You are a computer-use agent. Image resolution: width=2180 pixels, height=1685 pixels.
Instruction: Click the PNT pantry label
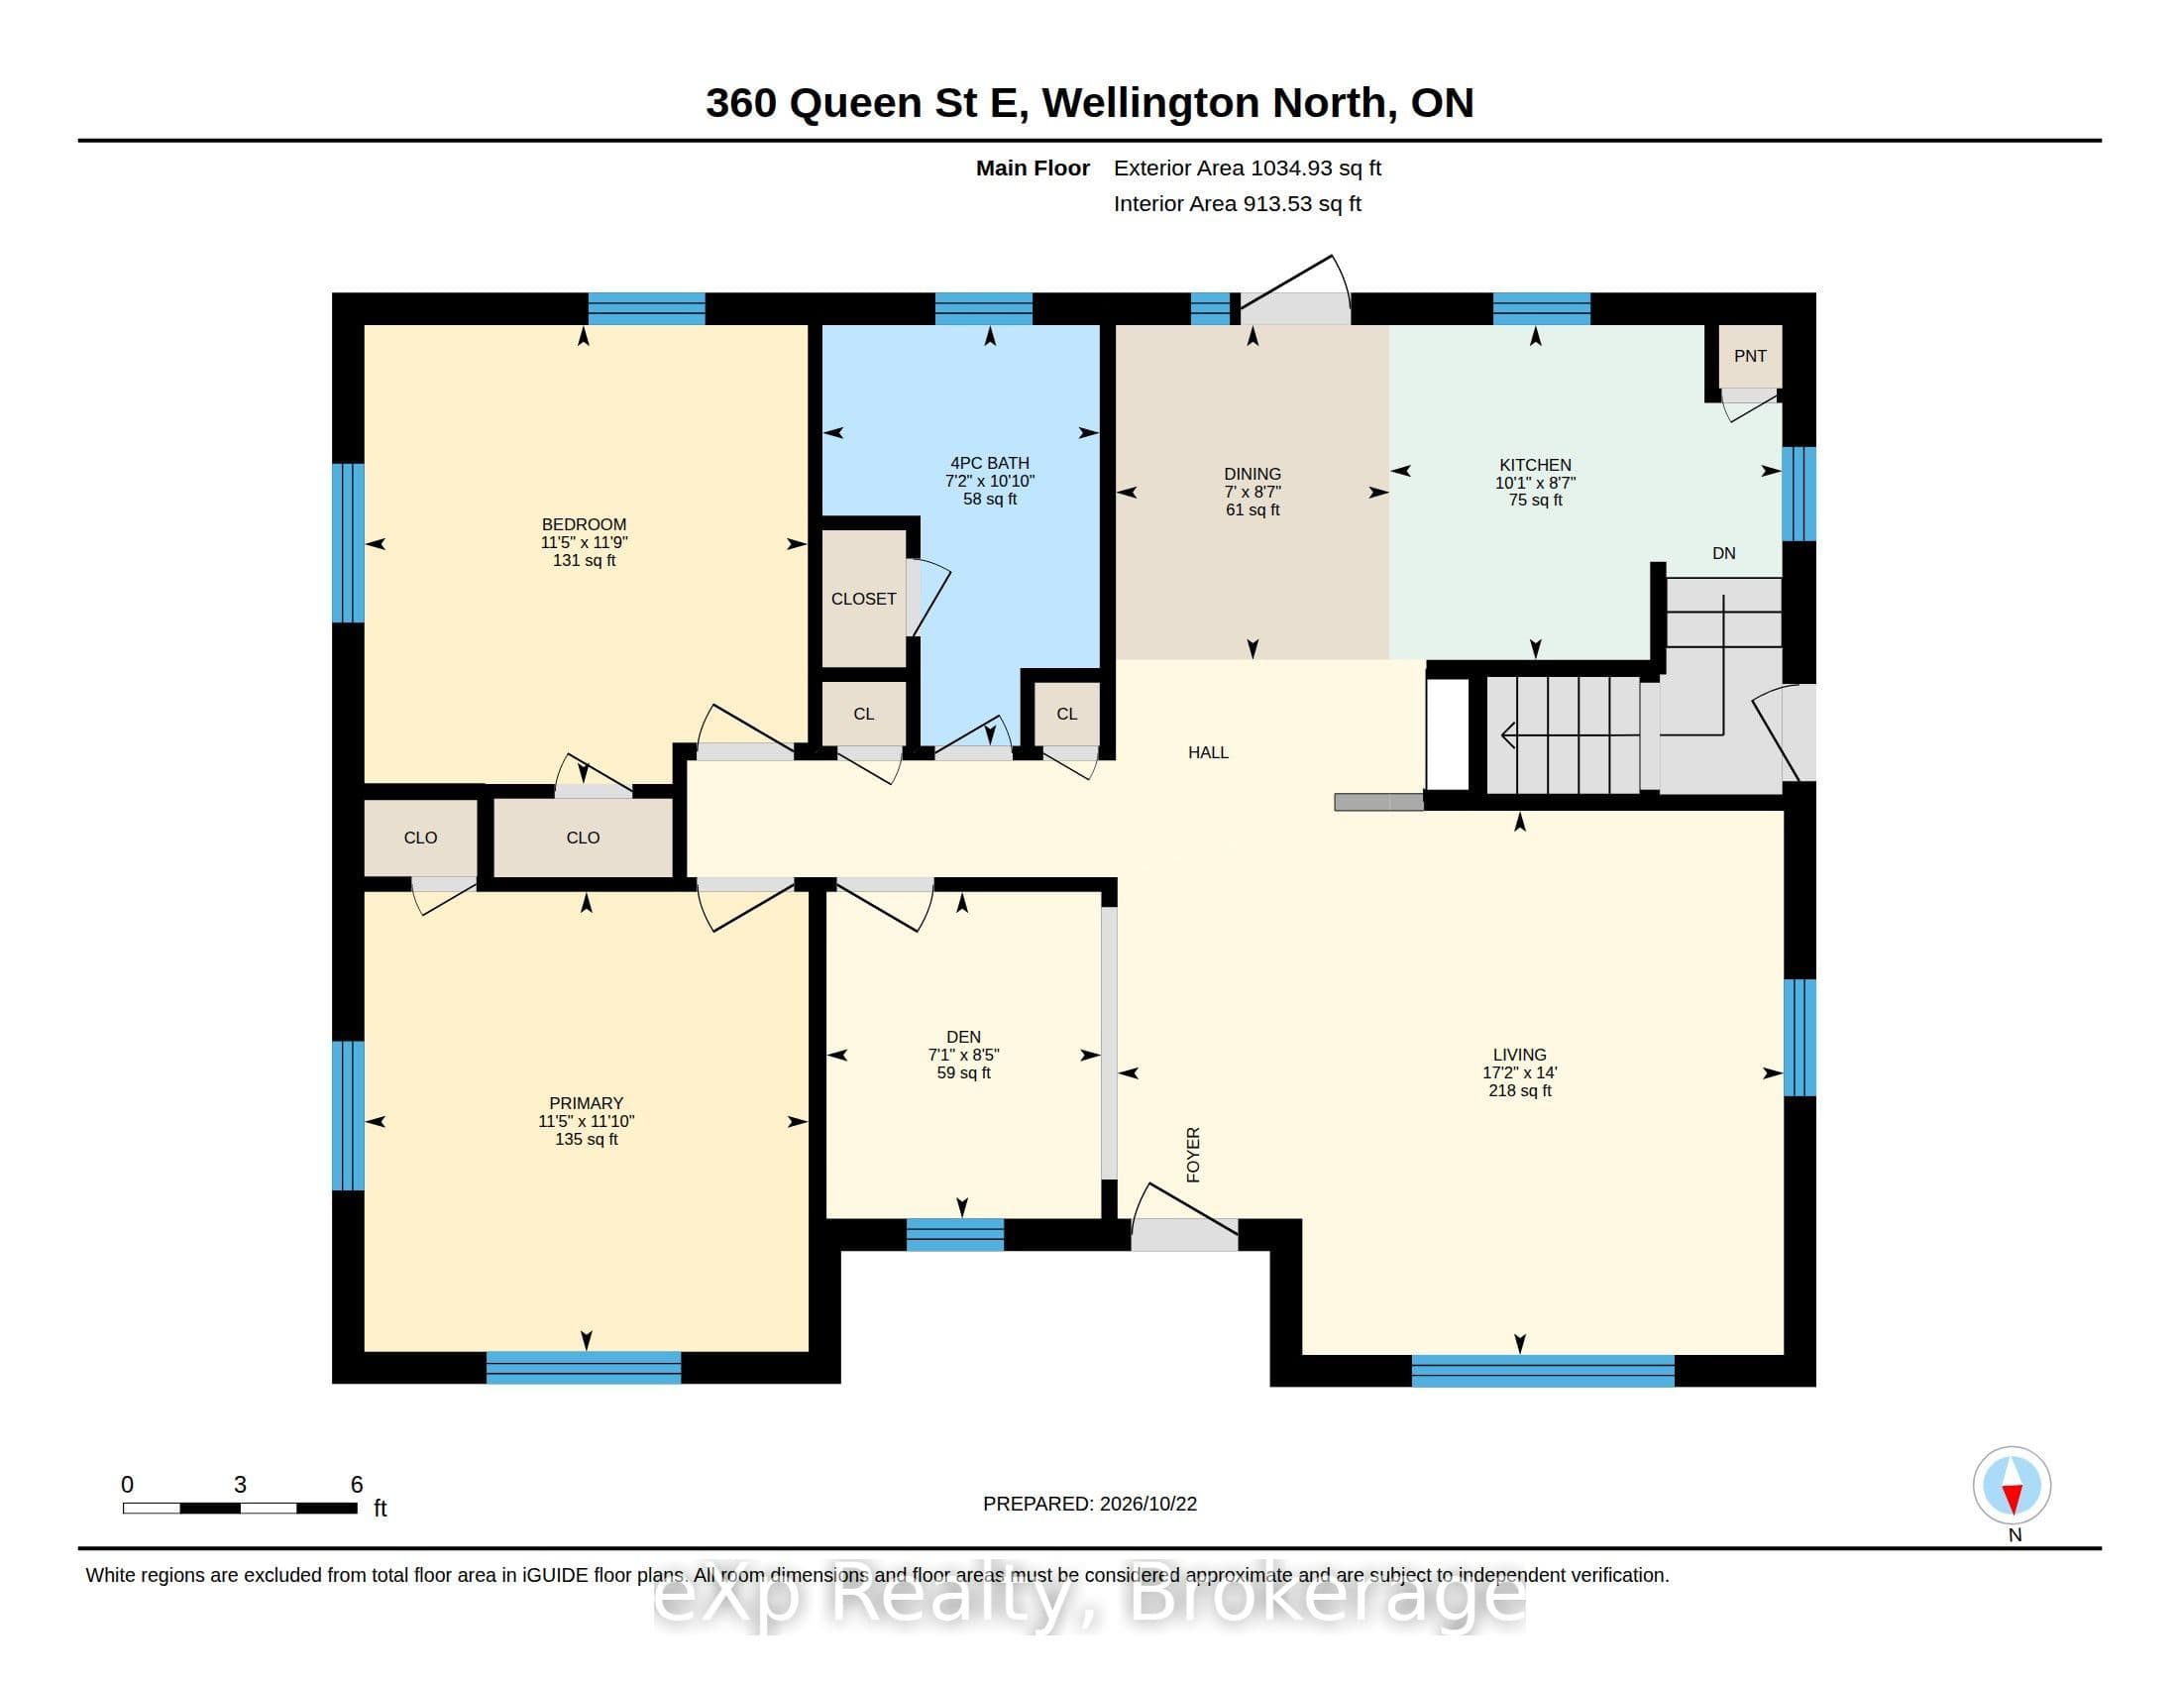[1750, 356]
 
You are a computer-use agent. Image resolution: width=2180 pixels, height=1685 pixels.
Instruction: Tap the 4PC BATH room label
[989, 462]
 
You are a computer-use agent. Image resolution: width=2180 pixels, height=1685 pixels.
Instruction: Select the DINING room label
[1252, 474]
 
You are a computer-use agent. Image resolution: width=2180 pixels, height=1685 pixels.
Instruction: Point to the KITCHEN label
[1535, 464]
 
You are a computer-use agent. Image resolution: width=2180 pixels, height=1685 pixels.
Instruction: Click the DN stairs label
[1724, 553]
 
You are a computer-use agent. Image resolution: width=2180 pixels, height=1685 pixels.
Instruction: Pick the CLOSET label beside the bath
[863, 599]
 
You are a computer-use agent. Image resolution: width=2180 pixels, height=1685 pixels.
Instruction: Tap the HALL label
[1208, 752]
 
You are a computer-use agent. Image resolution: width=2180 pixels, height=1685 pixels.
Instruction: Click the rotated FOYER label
[1193, 1155]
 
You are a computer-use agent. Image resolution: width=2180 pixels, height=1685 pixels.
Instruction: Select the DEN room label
[963, 1037]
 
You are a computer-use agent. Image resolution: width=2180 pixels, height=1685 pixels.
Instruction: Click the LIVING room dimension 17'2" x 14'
[1519, 1073]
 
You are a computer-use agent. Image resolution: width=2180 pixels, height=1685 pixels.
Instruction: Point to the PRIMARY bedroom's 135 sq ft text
[586, 1139]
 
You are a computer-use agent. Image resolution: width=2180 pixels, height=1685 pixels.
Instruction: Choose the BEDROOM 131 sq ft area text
[584, 560]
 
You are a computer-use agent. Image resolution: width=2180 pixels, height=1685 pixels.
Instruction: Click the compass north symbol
[2012, 1486]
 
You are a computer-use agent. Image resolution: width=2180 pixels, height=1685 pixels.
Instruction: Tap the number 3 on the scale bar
[240, 1485]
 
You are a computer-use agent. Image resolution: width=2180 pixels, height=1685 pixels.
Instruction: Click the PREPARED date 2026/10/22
[1147, 1505]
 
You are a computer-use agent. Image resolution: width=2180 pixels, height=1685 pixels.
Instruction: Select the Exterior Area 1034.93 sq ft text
[1247, 168]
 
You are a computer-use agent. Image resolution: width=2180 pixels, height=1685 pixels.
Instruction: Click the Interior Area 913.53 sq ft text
[1237, 203]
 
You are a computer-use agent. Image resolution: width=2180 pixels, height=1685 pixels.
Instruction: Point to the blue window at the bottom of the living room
[1542, 1372]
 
